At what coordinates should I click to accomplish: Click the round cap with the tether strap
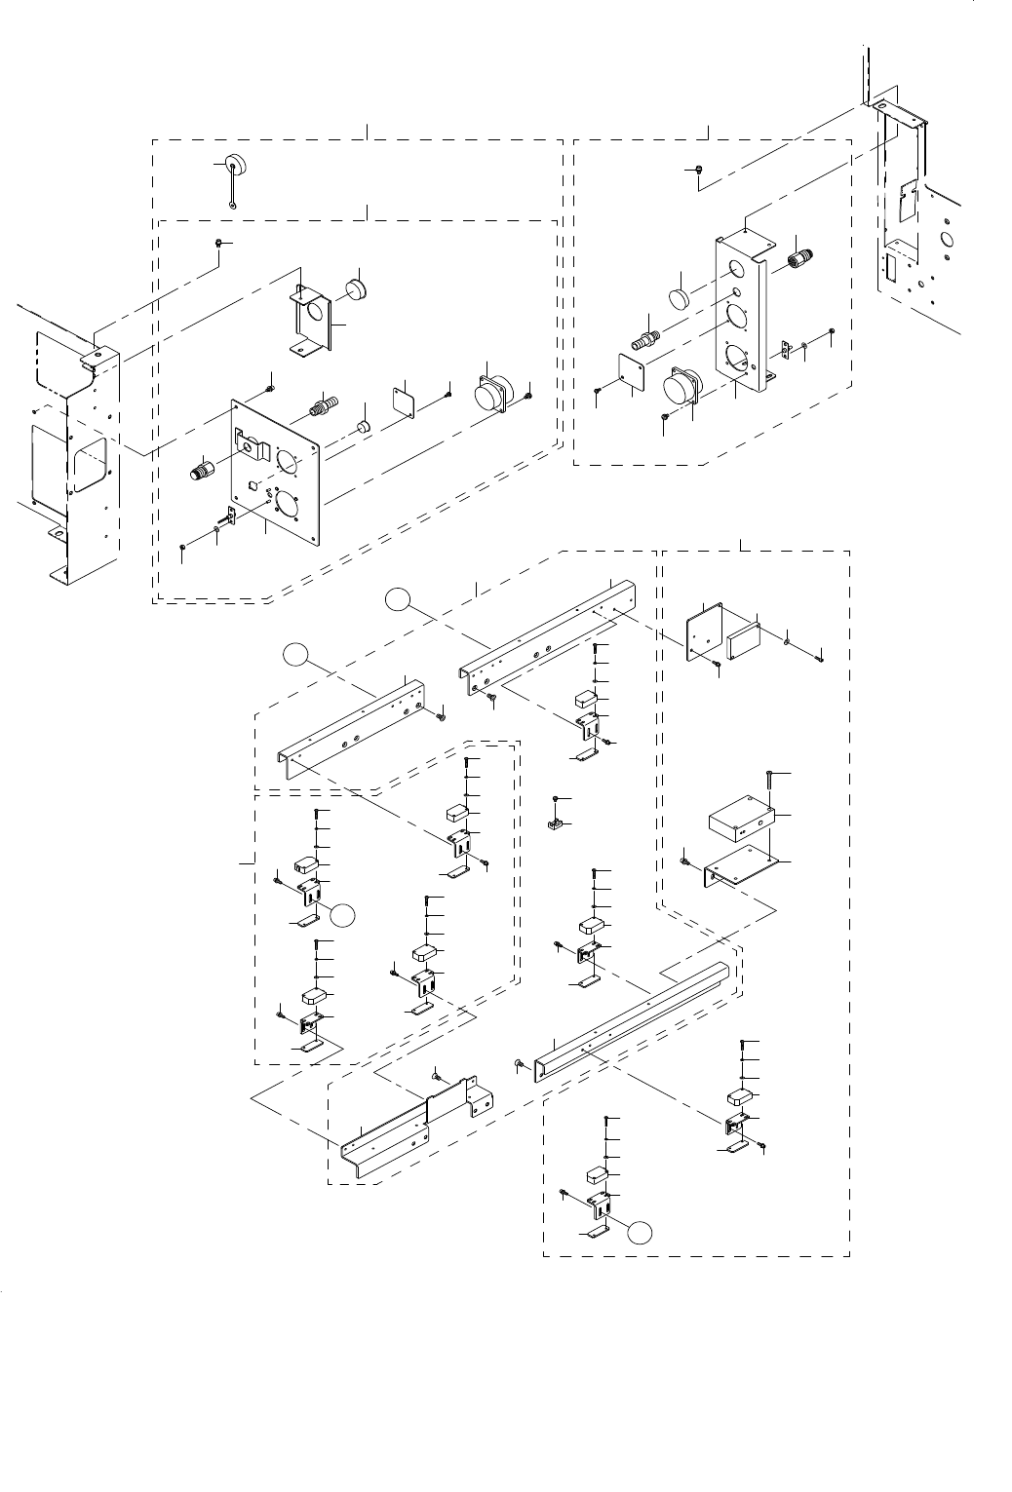point(235,164)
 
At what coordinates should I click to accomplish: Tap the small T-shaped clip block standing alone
point(554,824)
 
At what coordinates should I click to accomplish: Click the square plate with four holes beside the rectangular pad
point(706,630)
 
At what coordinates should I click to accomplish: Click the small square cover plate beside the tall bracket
point(633,371)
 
